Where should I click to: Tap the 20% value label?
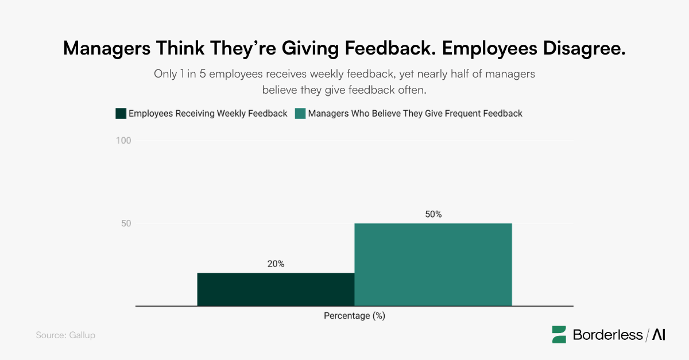[276, 264]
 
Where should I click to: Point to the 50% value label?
[433, 214]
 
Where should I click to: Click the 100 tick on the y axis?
[124, 141]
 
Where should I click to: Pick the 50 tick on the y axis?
[126, 223]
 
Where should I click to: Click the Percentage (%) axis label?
[354, 316]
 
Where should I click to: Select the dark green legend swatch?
[121, 114]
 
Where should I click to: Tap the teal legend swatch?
[300, 114]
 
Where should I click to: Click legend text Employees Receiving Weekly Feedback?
[208, 114]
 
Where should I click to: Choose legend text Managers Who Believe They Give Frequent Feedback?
[415, 114]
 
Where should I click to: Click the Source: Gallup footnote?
[65, 335]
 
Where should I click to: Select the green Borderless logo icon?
[559, 335]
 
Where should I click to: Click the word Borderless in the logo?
[607, 335]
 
